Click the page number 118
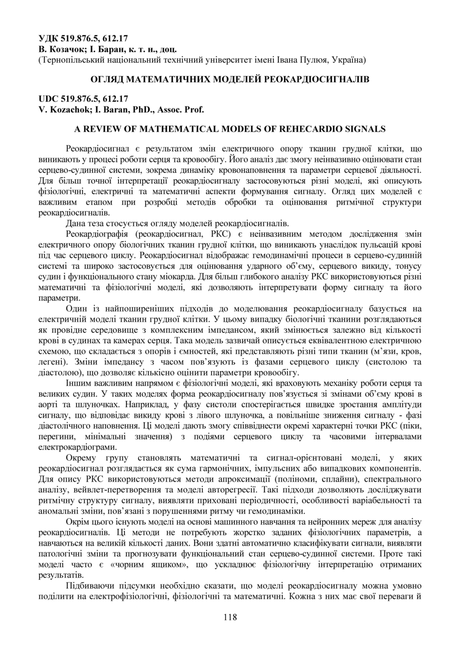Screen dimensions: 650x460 230,617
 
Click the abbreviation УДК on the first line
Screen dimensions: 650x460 50,38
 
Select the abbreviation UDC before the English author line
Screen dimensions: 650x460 50,98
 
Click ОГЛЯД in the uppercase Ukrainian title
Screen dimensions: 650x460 108,79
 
